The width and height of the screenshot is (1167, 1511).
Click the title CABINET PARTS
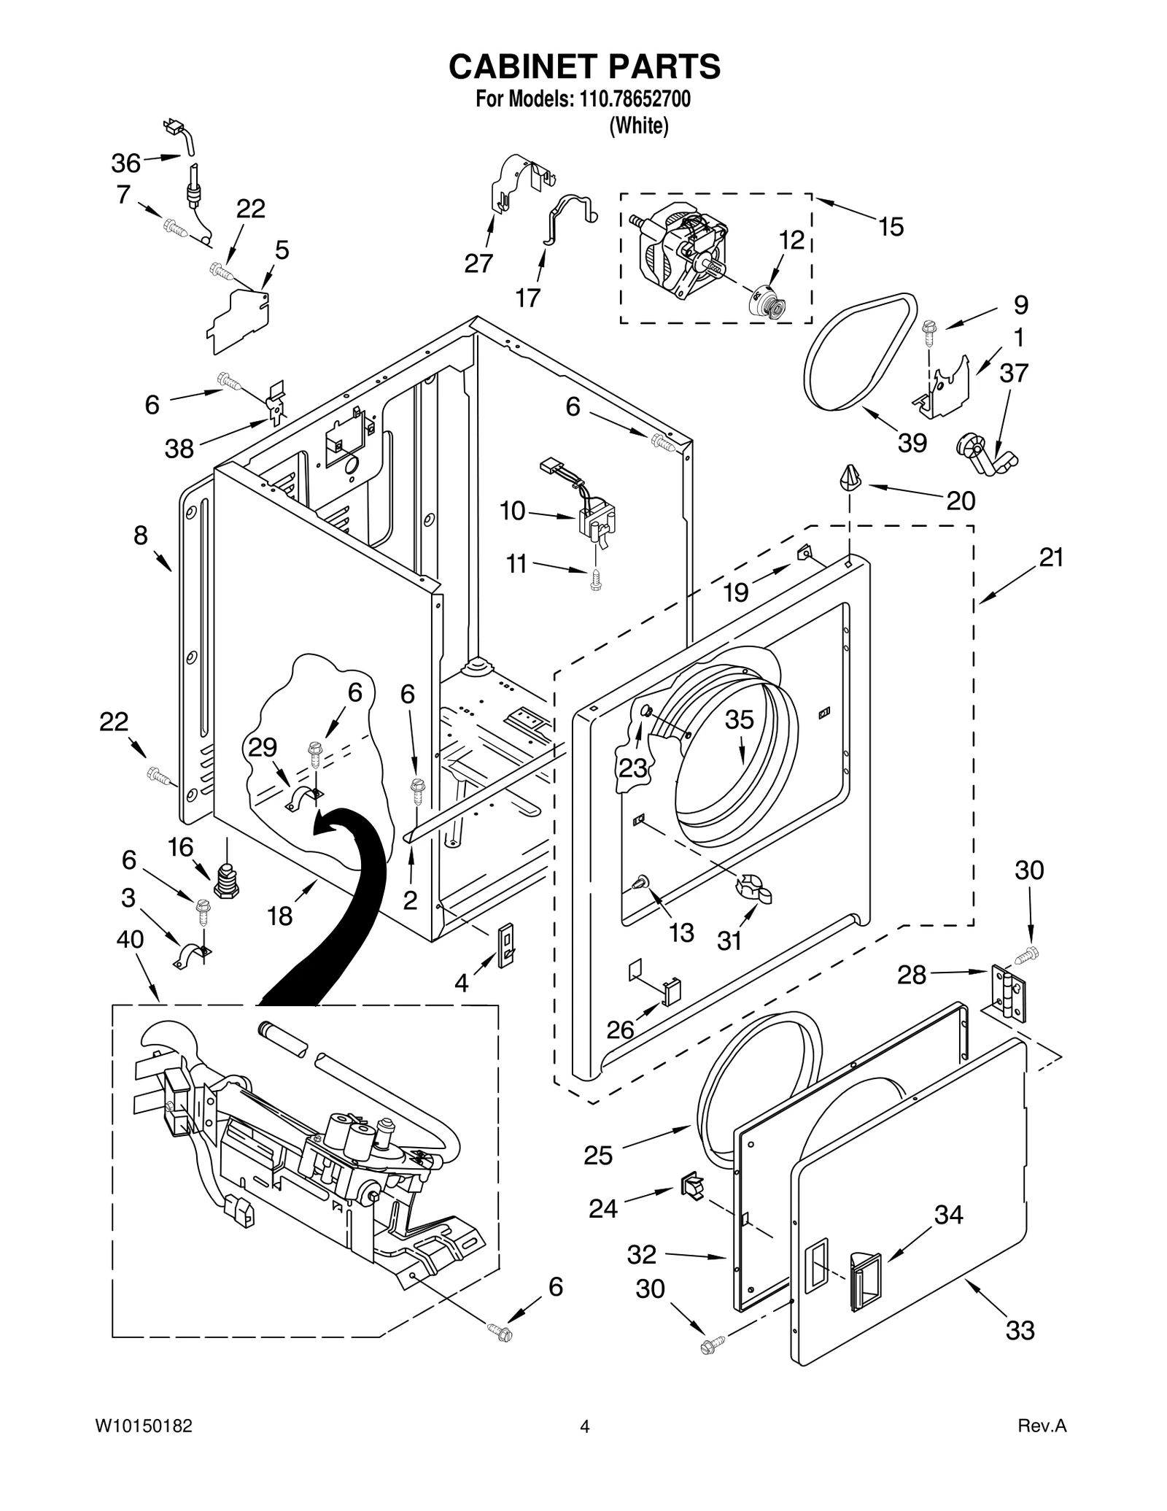tap(583, 66)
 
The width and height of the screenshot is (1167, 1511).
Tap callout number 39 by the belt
tap(912, 442)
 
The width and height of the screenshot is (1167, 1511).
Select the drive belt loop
tap(861, 351)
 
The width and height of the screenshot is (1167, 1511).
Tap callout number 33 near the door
tap(1020, 1330)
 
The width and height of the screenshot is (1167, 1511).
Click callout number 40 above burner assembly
tap(130, 940)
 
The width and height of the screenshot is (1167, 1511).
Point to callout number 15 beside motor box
tap(891, 227)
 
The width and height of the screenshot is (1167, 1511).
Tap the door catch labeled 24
tap(692, 1187)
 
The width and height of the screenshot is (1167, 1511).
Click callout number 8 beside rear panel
tap(140, 536)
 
